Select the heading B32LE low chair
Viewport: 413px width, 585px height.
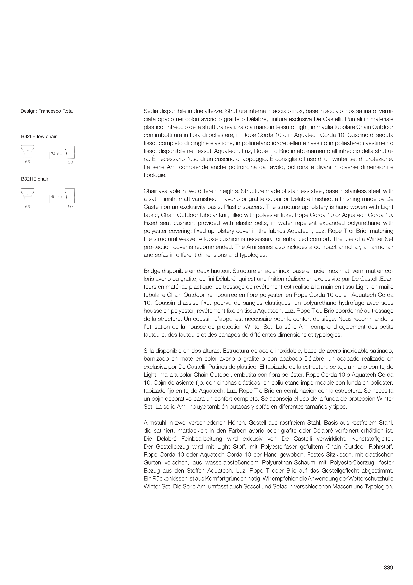coord(39,137)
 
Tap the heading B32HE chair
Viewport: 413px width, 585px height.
coord(35,179)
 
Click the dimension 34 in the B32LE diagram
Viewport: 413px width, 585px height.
coord(53,154)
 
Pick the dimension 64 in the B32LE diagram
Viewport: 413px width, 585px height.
coord(59,154)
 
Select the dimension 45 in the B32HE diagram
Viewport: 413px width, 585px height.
coord(53,197)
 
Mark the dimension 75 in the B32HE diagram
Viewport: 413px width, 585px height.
coord(59,197)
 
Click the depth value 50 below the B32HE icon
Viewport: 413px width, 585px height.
coord(70,207)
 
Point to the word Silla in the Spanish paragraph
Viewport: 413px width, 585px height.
coord(149,351)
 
